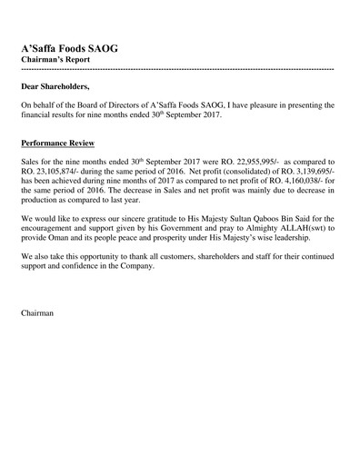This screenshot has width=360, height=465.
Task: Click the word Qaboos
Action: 268,219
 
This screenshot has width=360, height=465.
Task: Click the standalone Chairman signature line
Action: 37,313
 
